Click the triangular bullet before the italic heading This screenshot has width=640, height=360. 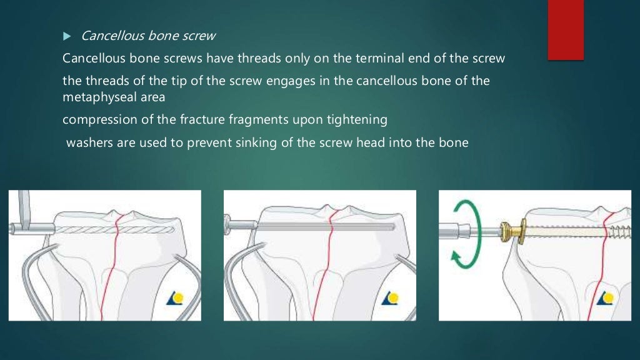[68, 36]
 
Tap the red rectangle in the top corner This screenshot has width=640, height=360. [566, 30]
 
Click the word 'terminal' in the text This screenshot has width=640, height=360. [376, 59]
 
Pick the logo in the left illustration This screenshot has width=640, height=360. [176, 299]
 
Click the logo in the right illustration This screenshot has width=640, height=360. [606, 299]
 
